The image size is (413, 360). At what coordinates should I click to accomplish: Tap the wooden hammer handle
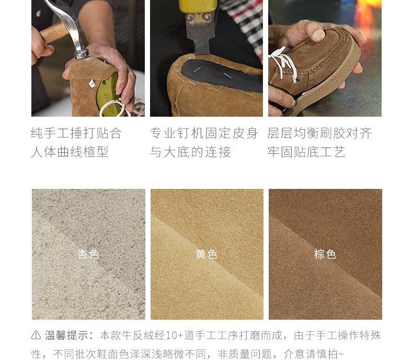coord(54,32)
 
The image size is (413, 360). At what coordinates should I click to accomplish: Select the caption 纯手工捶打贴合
coord(76,133)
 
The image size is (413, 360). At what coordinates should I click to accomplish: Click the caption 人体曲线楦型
coord(70,152)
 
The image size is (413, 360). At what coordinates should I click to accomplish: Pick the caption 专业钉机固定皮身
coord(204,133)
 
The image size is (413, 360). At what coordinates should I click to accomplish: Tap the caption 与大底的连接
coord(190,152)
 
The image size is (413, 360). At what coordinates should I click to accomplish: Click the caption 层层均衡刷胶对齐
coord(319,133)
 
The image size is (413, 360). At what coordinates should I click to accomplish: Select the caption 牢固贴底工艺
coord(306,152)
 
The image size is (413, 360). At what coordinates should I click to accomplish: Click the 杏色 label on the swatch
coord(88,254)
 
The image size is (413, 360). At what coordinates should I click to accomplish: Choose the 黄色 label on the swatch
coord(206,254)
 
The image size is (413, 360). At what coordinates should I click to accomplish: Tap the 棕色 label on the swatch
coord(325,254)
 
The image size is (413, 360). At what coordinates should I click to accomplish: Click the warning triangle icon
coord(36,335)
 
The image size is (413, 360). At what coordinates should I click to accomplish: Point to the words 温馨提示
coord(66,335)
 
